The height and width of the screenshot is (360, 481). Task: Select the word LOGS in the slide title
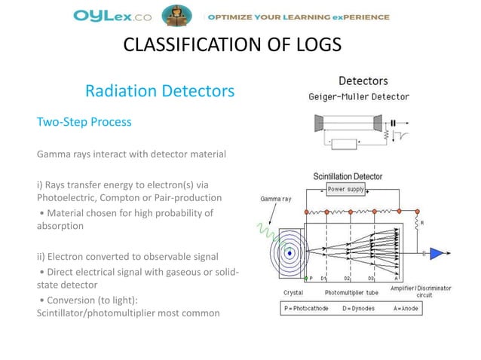(x=315, y=46)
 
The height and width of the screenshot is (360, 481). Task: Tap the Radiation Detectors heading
(x=160, y=92)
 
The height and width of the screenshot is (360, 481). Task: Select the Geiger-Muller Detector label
(x=359, y=96)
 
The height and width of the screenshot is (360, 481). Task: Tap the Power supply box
(x=347, y=189)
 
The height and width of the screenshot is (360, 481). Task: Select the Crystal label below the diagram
(x=293, y=291)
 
